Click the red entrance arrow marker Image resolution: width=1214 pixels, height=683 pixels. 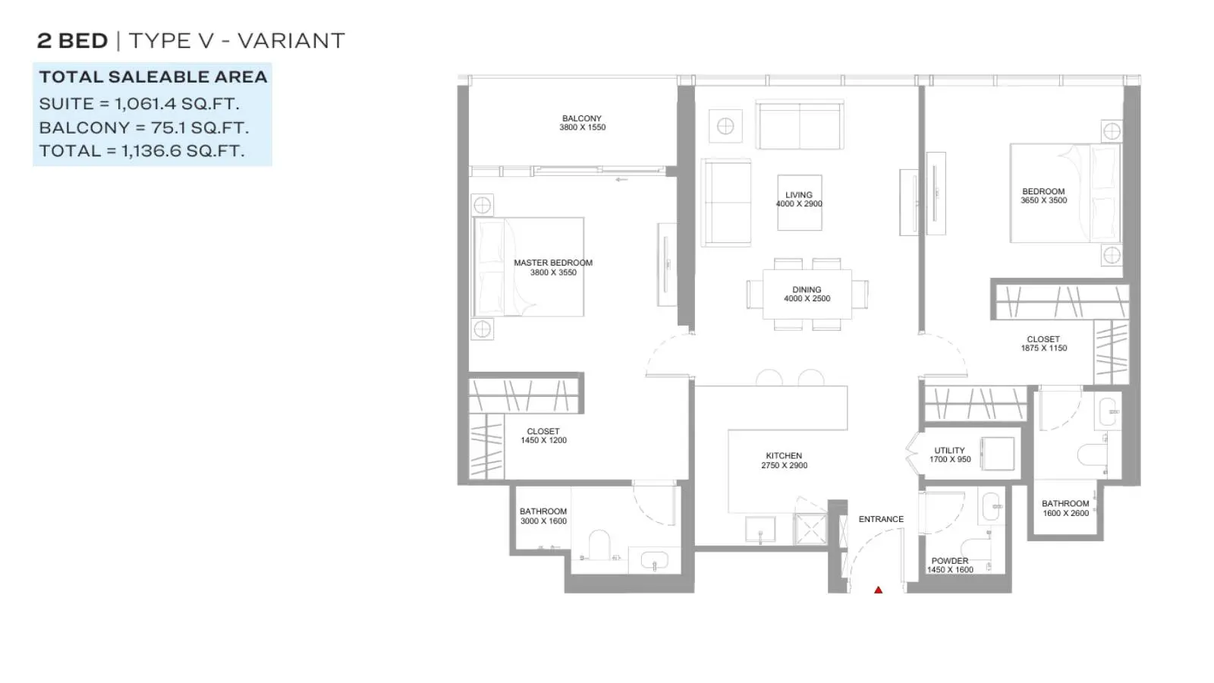(878, 590)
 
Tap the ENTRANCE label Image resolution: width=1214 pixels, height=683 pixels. (881, 519)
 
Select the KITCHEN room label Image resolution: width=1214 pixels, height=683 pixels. (784, 456)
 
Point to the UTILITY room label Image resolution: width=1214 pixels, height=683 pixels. (949, 451)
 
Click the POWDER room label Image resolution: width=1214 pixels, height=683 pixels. (949, 561)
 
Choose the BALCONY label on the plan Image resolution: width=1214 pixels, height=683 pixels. (581, 118)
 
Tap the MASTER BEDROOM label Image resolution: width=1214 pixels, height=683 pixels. (553, 263)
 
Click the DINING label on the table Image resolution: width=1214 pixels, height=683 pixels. (807, 290)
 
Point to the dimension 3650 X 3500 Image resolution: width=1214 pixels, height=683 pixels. (1043, 200)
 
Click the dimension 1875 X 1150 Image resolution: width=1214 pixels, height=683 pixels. (1043, 348)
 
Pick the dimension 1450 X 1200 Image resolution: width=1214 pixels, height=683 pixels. (543, 441)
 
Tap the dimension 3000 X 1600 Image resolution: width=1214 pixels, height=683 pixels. (543, 521)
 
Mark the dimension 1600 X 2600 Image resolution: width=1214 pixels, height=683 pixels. (1065, 513)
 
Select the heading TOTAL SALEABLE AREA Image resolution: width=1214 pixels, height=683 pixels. (153, 77)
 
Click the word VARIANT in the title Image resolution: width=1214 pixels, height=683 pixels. (291, 41)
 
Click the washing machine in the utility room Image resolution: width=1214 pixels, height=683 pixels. (998, 454)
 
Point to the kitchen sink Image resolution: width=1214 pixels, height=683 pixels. (760, 530)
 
